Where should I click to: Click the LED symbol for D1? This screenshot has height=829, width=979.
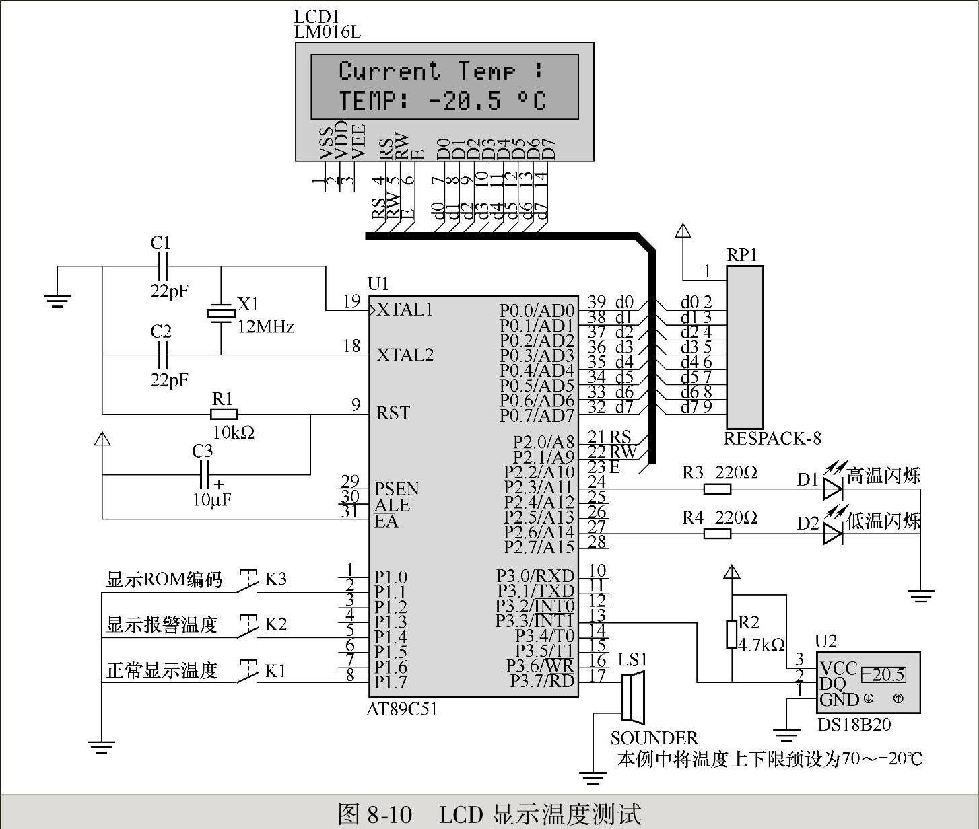[833, 489]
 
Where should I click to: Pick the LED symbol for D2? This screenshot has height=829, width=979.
[833, 534]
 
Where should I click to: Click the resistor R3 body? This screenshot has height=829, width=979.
[717, 489]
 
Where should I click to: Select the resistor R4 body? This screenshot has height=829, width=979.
[717, 534]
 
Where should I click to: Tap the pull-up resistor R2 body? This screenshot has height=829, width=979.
[732, 634]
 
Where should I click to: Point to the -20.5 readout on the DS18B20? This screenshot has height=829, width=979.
[883, 674]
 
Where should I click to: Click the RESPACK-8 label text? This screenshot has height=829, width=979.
[772, 439]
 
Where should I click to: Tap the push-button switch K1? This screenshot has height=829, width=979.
[248, 674]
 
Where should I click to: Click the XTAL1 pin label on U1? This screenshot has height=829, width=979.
[405, 310]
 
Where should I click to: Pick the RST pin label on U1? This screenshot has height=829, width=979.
[393, 412]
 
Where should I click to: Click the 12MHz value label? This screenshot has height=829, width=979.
[266, 327]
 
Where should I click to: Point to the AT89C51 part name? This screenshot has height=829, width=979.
[402, 709]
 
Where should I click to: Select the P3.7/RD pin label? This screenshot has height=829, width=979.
[541, 681]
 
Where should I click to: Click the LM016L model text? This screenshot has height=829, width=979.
[327, 32]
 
